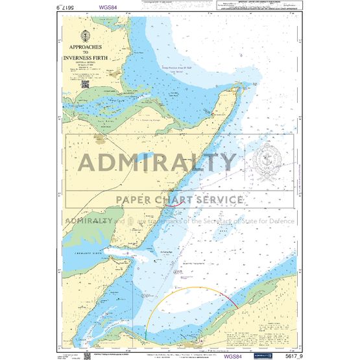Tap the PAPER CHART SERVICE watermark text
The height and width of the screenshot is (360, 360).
click(179, 200)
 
